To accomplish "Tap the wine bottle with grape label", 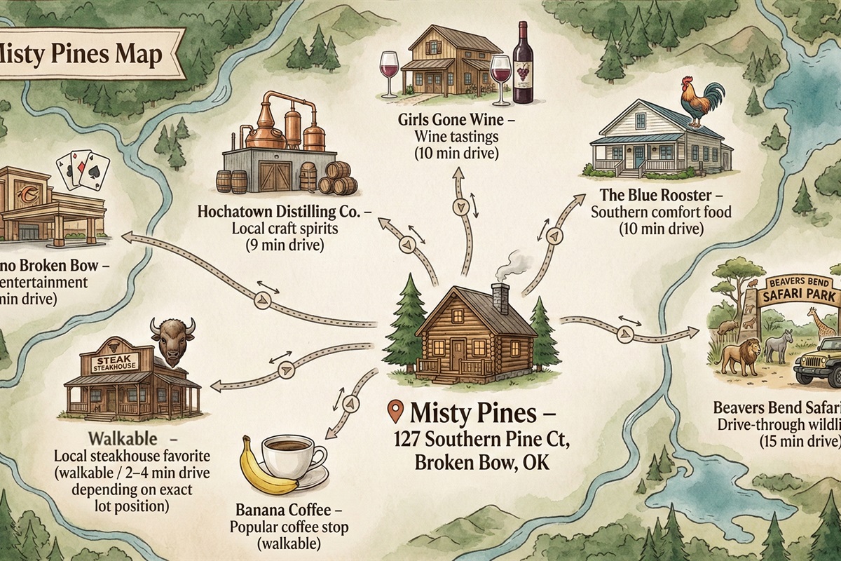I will [x=522, y=63].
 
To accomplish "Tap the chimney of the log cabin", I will [x=500, y=299].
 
